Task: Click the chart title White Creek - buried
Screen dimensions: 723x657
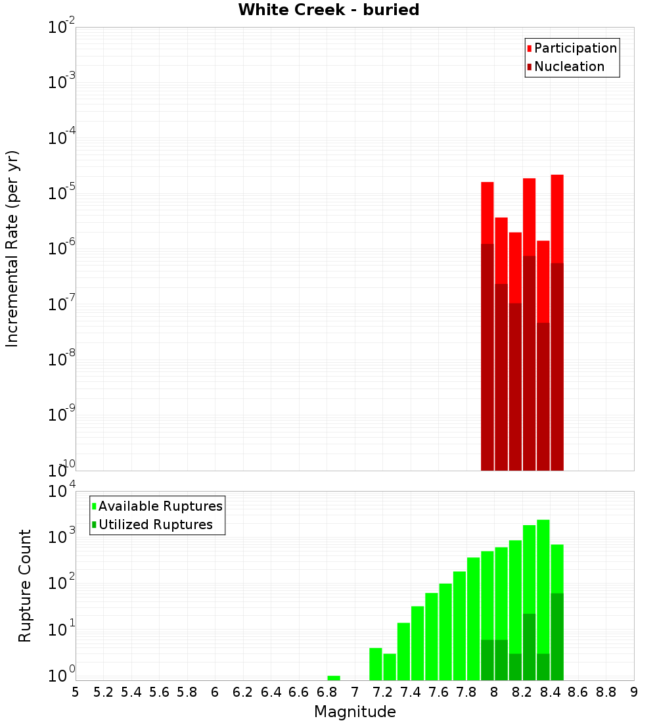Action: tap(328, 10)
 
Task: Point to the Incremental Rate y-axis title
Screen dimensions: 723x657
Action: tap(12, 248)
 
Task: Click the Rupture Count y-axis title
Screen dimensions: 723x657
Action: tap(25, 585)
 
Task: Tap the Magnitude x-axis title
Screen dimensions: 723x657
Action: tap(355, 712)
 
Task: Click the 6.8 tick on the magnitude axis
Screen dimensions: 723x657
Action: tap(327, 691)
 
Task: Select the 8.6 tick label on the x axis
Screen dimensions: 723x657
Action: tap(578, 691)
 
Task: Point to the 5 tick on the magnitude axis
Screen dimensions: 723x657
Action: tap(75, 691)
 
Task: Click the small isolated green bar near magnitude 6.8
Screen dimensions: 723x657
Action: tap(333, 678)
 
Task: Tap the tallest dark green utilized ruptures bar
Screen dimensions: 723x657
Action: tap(557, 636)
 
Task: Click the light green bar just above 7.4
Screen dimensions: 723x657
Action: tap(417, 643)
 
